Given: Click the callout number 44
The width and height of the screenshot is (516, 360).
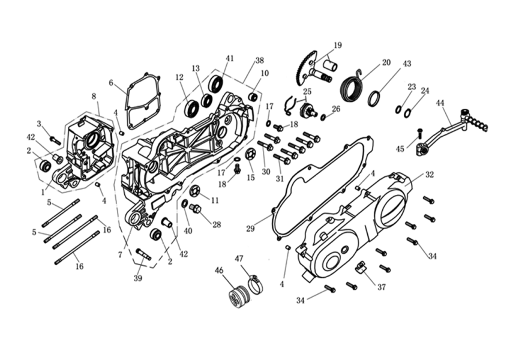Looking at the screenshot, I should pyautogui.click(x=440, y=103).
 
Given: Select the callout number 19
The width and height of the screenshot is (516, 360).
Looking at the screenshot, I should pyautogui.click(x=337, y=45).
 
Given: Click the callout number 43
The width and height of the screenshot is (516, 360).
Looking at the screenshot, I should pyautogui.click(x=407, y=63).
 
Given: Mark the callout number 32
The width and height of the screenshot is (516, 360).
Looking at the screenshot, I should pyautogui.click(x=429, y=175).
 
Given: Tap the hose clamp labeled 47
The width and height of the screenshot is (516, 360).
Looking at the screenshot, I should pyautogui.click(x=254, y=284).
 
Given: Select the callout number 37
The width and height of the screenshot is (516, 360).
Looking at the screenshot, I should pyautogui.click(x=382, y=287).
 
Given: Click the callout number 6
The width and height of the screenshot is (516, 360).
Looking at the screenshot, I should pyautogui.click(x=111, y=82).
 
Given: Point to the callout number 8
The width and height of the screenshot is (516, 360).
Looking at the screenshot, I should pyautogui.click(x=94, y=96).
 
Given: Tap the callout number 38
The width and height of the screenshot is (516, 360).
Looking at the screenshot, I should pyautogui.click(x=259, y=61).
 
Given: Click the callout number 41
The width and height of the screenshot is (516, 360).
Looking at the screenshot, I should pyautogui.click(x=230, y=58).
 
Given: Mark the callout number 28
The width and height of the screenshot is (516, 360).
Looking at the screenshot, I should pyautogui.click(x=216, y=224).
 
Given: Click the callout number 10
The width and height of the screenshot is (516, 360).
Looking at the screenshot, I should pyautogui.click(x=265, y=73).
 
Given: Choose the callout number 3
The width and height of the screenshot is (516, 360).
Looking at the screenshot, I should pyautogui.click(x=39, y=124).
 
